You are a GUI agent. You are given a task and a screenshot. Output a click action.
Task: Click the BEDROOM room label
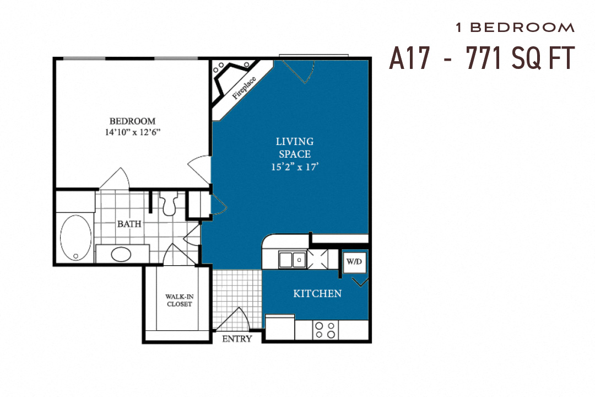(x=132, y=121)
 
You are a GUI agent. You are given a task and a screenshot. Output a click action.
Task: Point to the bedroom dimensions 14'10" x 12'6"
(x=132, y=132)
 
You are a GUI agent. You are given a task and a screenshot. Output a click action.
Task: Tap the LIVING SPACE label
(x=294, y=148)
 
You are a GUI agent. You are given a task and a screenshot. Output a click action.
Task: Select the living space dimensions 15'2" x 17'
(x=295, y=167)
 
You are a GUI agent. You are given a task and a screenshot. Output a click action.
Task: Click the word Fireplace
(x=244, y=87)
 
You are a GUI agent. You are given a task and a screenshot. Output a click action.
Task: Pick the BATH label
(x=128, y=224)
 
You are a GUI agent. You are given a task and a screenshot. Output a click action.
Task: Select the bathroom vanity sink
(x=121, y=254)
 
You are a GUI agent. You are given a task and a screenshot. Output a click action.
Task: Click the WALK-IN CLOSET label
(x=178, y=300)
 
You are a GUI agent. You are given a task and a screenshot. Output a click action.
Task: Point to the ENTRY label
(x=237, y=339)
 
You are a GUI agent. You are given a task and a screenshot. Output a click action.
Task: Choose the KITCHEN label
(x=317, y=293)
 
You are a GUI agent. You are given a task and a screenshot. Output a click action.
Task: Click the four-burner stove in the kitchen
(x=325, y=330)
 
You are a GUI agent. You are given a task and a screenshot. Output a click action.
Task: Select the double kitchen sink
(x=292, y=259)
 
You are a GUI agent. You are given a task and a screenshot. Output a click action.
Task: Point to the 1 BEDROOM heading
(x=515, y=27)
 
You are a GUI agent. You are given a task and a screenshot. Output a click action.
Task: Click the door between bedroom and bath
(x=115, y=179)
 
